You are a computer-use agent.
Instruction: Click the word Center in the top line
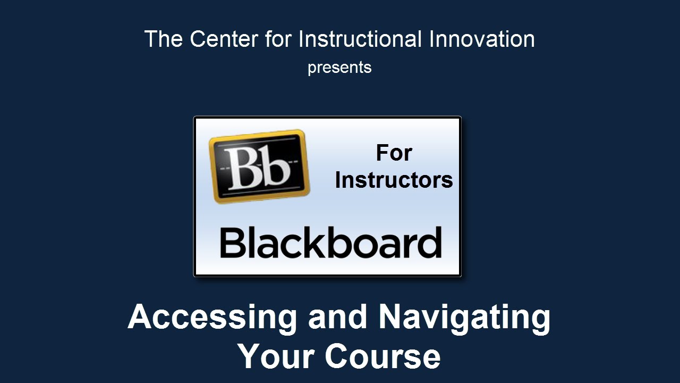(224, 39)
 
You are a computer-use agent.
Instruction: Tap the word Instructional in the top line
(360, 39)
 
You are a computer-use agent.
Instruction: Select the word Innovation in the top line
(482, 39)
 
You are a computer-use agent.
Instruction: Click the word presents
(339, 68)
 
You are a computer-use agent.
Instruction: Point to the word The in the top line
(163, 39)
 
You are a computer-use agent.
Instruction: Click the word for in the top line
(278, 39)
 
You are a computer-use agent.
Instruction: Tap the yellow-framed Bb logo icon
(259, 166)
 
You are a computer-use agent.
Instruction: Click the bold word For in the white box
(394, 153)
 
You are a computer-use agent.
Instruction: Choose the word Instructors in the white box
(394, 180)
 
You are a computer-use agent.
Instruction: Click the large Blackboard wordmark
(330, 242)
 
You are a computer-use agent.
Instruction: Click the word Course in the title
(383, 356)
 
